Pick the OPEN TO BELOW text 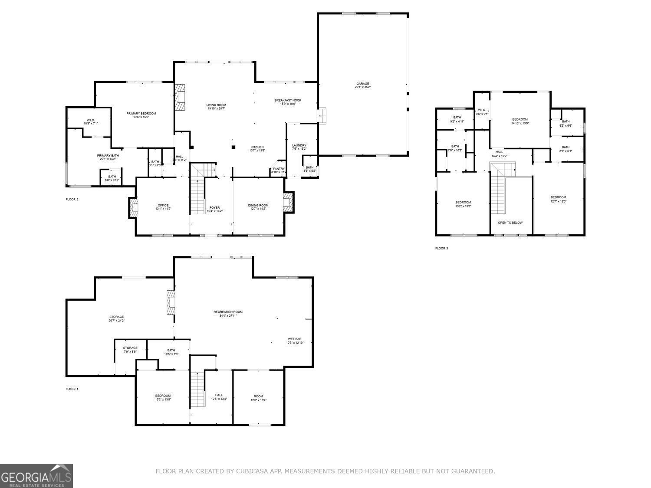click(x=510, y=223)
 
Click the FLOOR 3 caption click(x=441, y=249)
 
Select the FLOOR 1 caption click(x=72, y=389)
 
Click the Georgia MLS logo click(x=36, y=476)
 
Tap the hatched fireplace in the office click(x=133, y=208)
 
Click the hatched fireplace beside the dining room click(x=288, y=202)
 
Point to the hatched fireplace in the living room click(x=180, y=98)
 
